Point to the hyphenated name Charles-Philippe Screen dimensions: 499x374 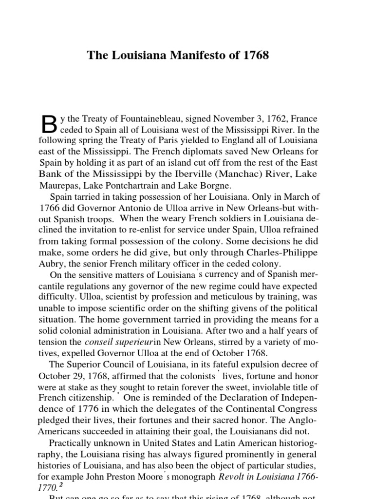click(285, 252)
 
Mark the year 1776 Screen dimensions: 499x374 click(94, 409)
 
